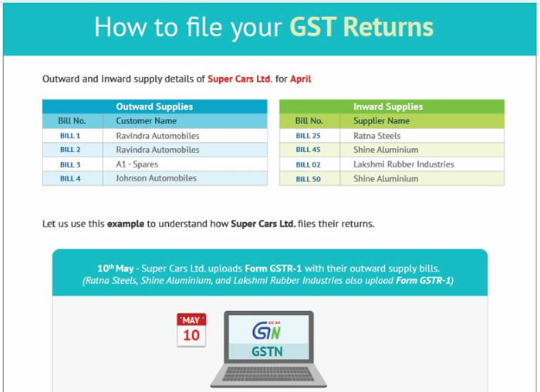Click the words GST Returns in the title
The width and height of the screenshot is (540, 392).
coord(362,27)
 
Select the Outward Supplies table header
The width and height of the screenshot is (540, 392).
coord(154,106)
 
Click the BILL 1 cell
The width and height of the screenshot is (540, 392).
coord(70,136)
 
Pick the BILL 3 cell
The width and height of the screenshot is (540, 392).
coord(70,164)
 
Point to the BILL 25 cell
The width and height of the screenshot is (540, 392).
coord(309,136)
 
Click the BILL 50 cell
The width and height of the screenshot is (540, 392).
coord(309,179)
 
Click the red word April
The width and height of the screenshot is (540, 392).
coord(301,79)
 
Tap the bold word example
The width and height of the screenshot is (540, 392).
coord(126,224)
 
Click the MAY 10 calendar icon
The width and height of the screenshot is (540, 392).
coord(191,329)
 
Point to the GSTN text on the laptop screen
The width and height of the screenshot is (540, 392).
coord(267,352)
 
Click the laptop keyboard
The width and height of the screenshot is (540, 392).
coord(268,373)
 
